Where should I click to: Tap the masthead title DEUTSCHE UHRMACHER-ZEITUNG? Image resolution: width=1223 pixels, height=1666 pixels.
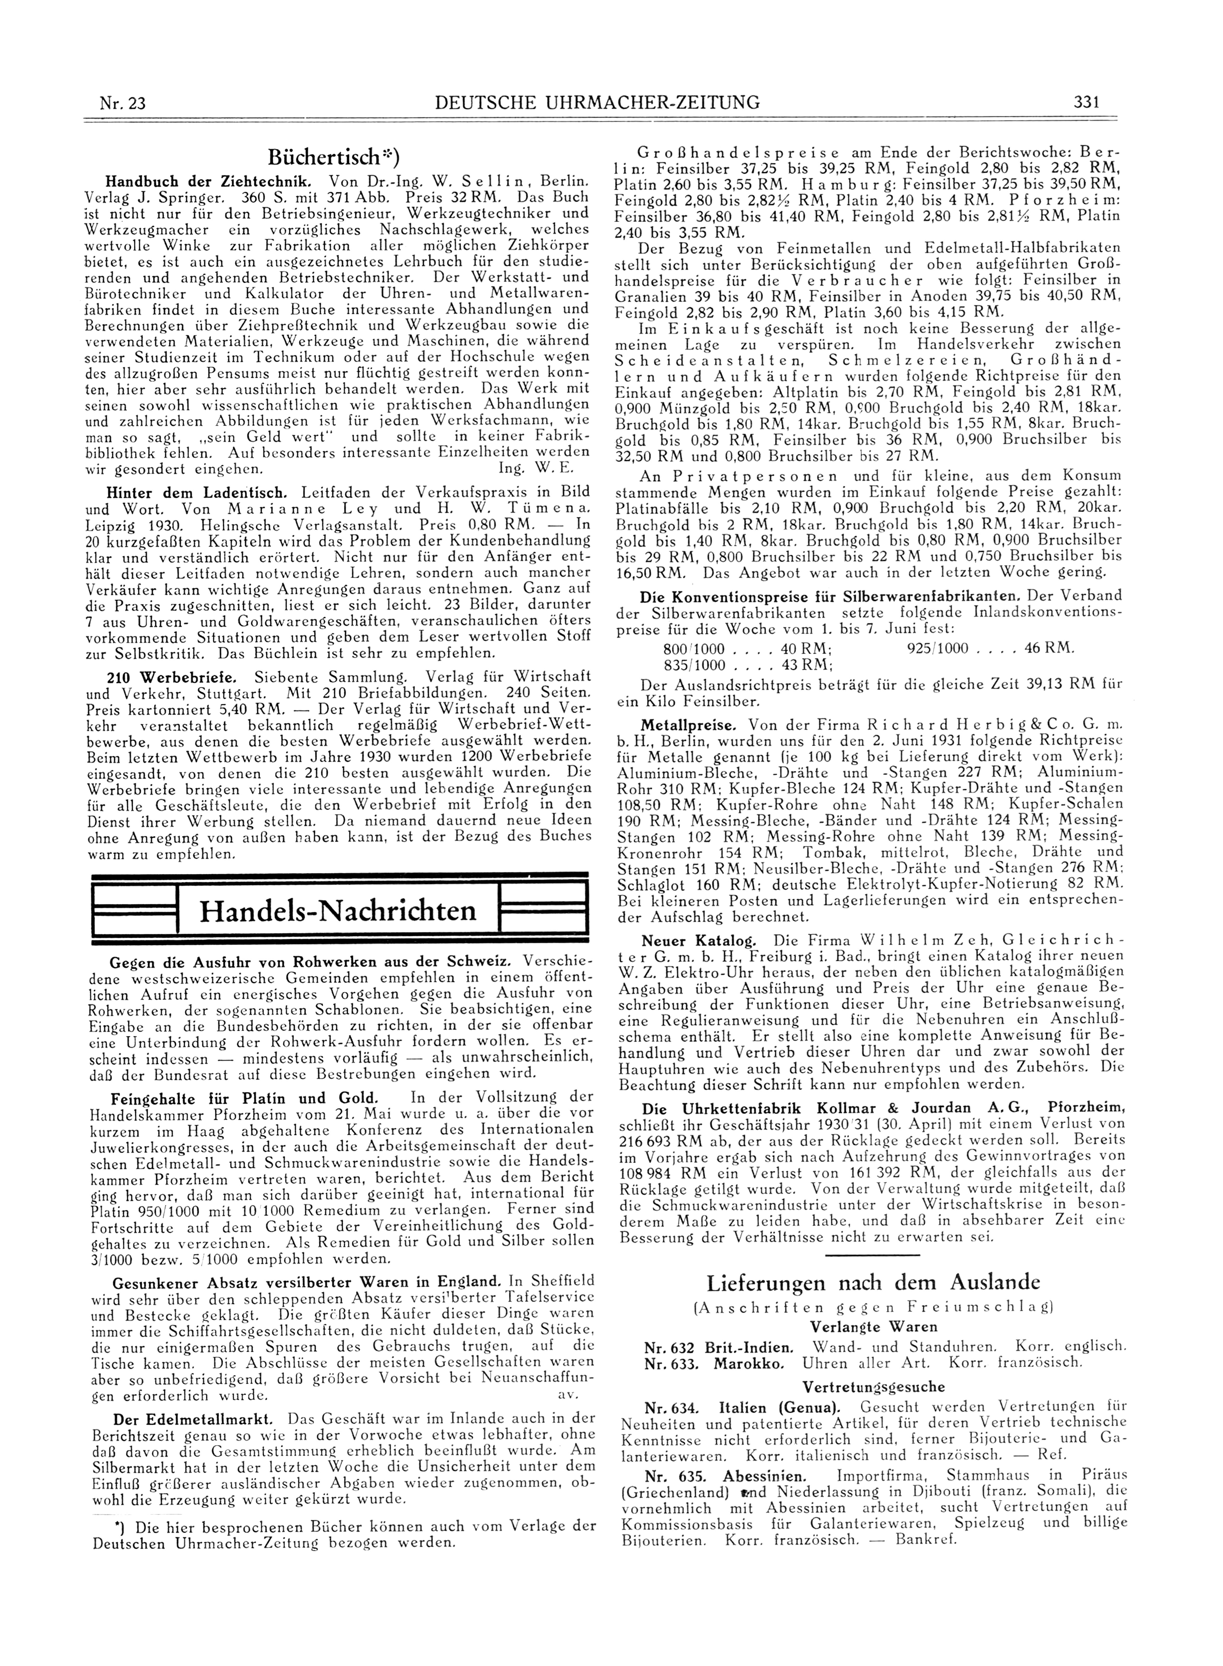[x=598, y=102]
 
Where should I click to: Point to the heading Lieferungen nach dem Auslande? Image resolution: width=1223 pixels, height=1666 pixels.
[x=874, y=1282]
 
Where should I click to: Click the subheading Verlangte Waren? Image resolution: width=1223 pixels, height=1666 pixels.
[x=874, y=1326]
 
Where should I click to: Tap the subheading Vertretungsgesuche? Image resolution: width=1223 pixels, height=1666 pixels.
[x=874, y=1387]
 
